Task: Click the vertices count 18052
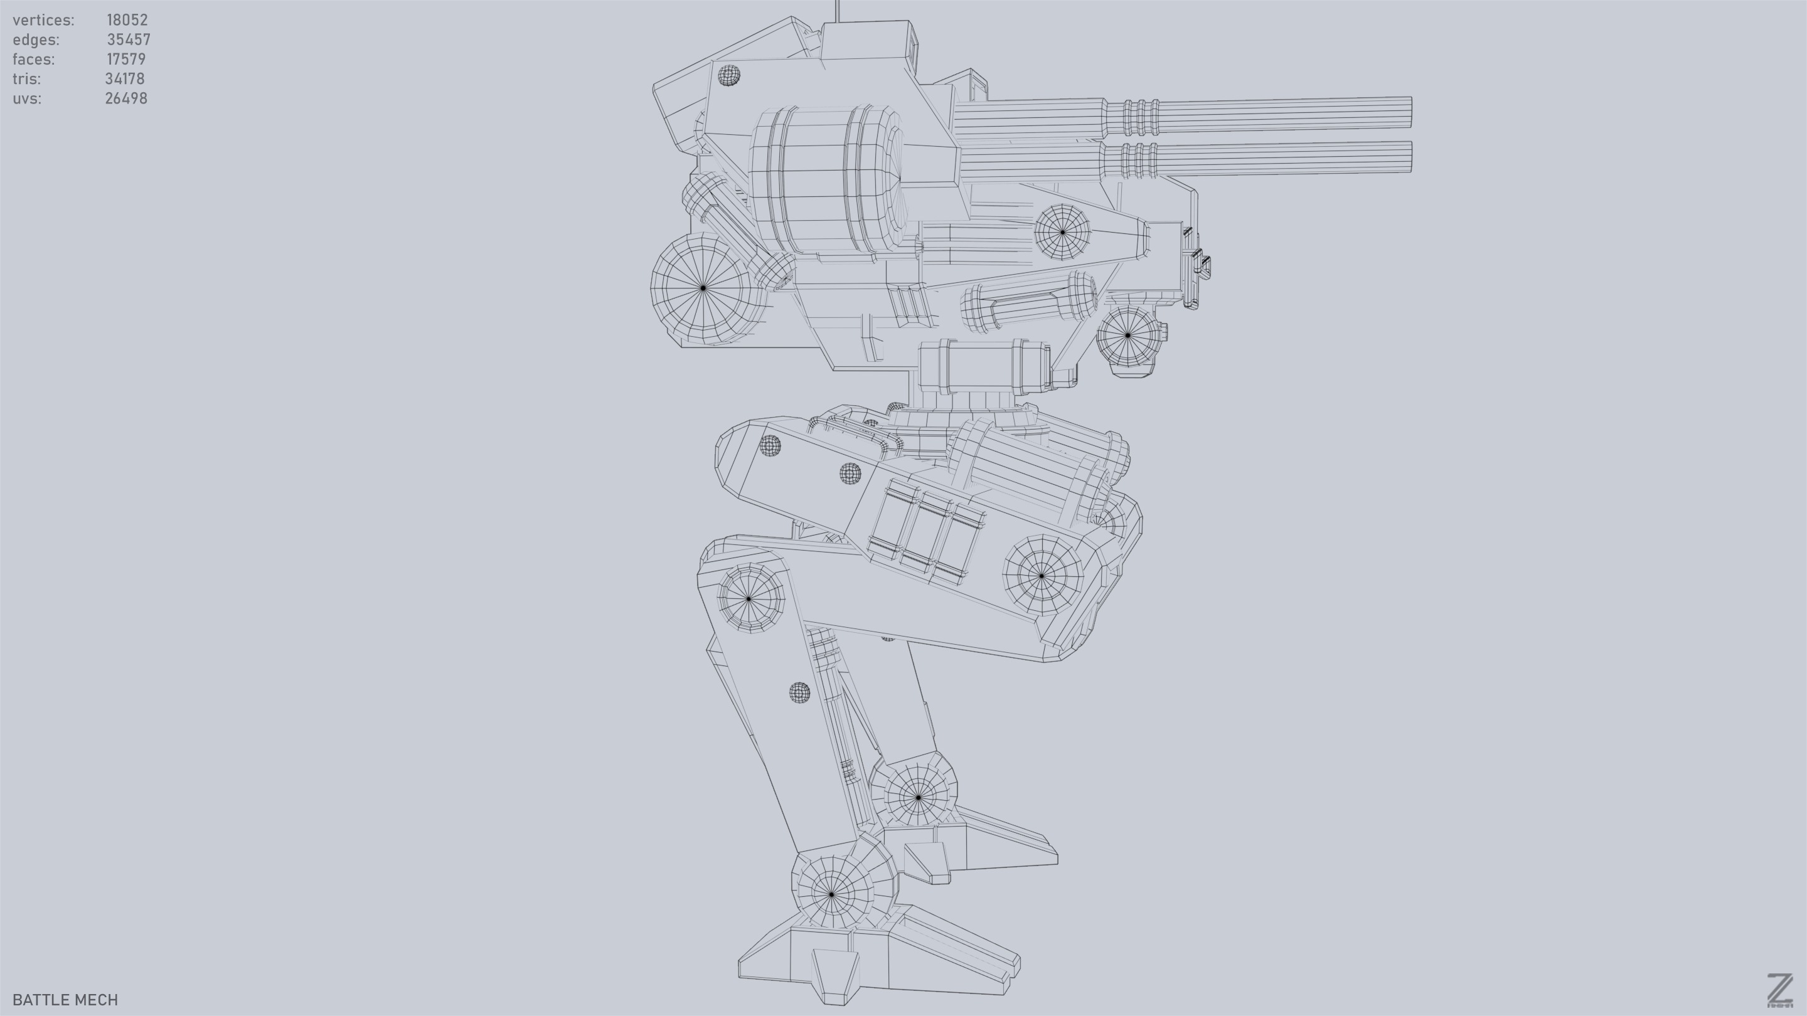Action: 127,19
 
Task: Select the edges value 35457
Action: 129,40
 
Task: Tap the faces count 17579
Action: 126,59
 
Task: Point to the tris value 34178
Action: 125,78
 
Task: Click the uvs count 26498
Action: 126,98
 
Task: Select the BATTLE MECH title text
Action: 65,999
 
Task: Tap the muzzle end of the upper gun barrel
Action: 1409,114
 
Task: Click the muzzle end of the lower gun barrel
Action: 1409,156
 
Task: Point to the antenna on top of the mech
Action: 837,10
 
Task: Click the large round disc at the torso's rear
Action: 703,287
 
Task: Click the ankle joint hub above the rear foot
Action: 832,894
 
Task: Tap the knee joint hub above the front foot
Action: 918,797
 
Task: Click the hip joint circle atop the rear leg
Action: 749,599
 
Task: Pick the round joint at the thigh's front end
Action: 1042,575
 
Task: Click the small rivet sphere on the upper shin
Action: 799,693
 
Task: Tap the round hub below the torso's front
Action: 1127,335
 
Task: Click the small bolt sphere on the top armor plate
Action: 729,75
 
